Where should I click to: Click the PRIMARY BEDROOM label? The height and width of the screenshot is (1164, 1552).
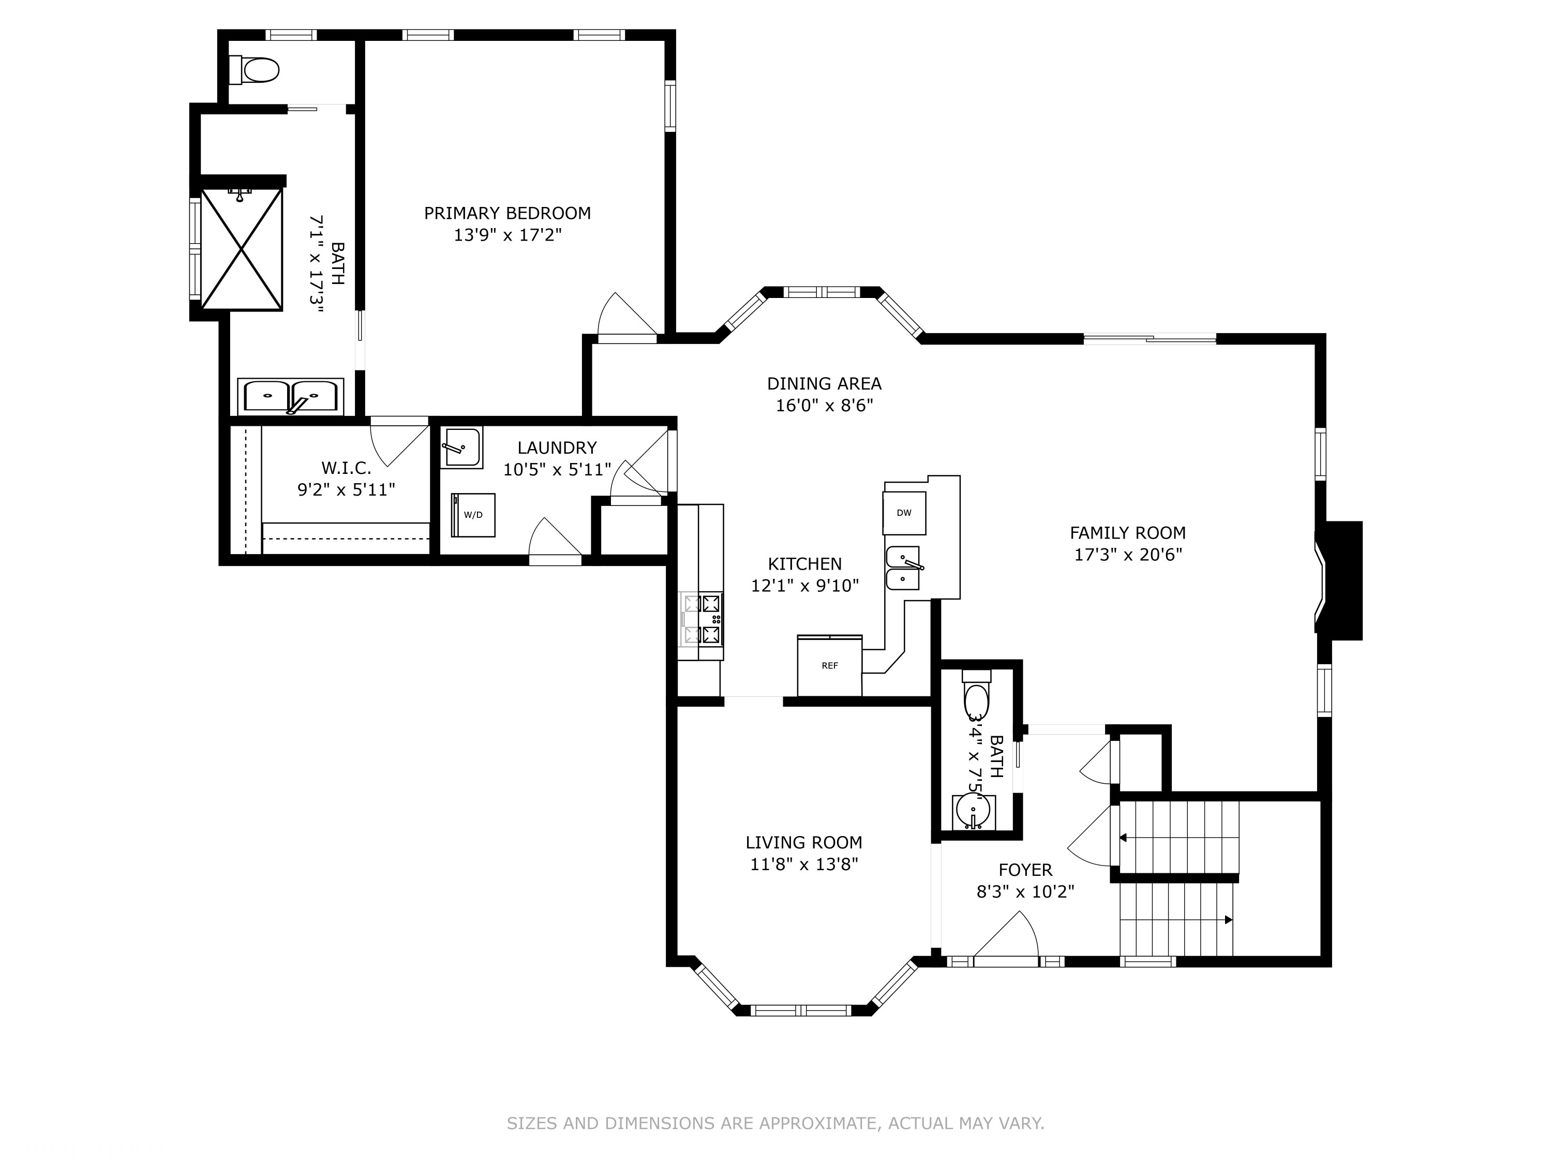click(x=508, y=213)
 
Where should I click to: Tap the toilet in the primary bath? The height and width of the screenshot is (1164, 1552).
click(x=254, y=69)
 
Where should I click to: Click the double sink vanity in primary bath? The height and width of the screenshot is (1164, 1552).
click(x=290, y=396)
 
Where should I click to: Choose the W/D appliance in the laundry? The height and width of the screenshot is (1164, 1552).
click(x=473, y=515)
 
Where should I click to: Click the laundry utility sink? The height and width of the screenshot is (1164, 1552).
click(x=461, y=447)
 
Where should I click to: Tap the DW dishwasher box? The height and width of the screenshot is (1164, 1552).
click(x=904, y=513)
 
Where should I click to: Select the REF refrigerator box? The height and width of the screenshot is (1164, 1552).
click(x=829, y=665)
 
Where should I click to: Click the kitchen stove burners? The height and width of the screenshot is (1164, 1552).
click(x=702, y=619)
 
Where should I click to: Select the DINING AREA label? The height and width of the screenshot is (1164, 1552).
click(x=825, y=383)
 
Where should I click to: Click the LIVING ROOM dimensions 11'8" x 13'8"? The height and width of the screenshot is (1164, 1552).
click(x=804, y=864)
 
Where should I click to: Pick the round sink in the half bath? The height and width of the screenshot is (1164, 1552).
click(x=973, y=811)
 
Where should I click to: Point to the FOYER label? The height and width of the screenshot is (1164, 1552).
click(x=1025, y=870)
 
